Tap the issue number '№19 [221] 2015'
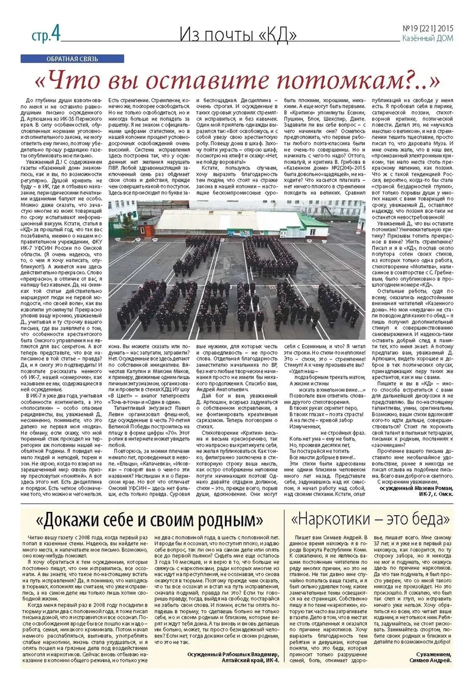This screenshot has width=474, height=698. click(x=425, y=29)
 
